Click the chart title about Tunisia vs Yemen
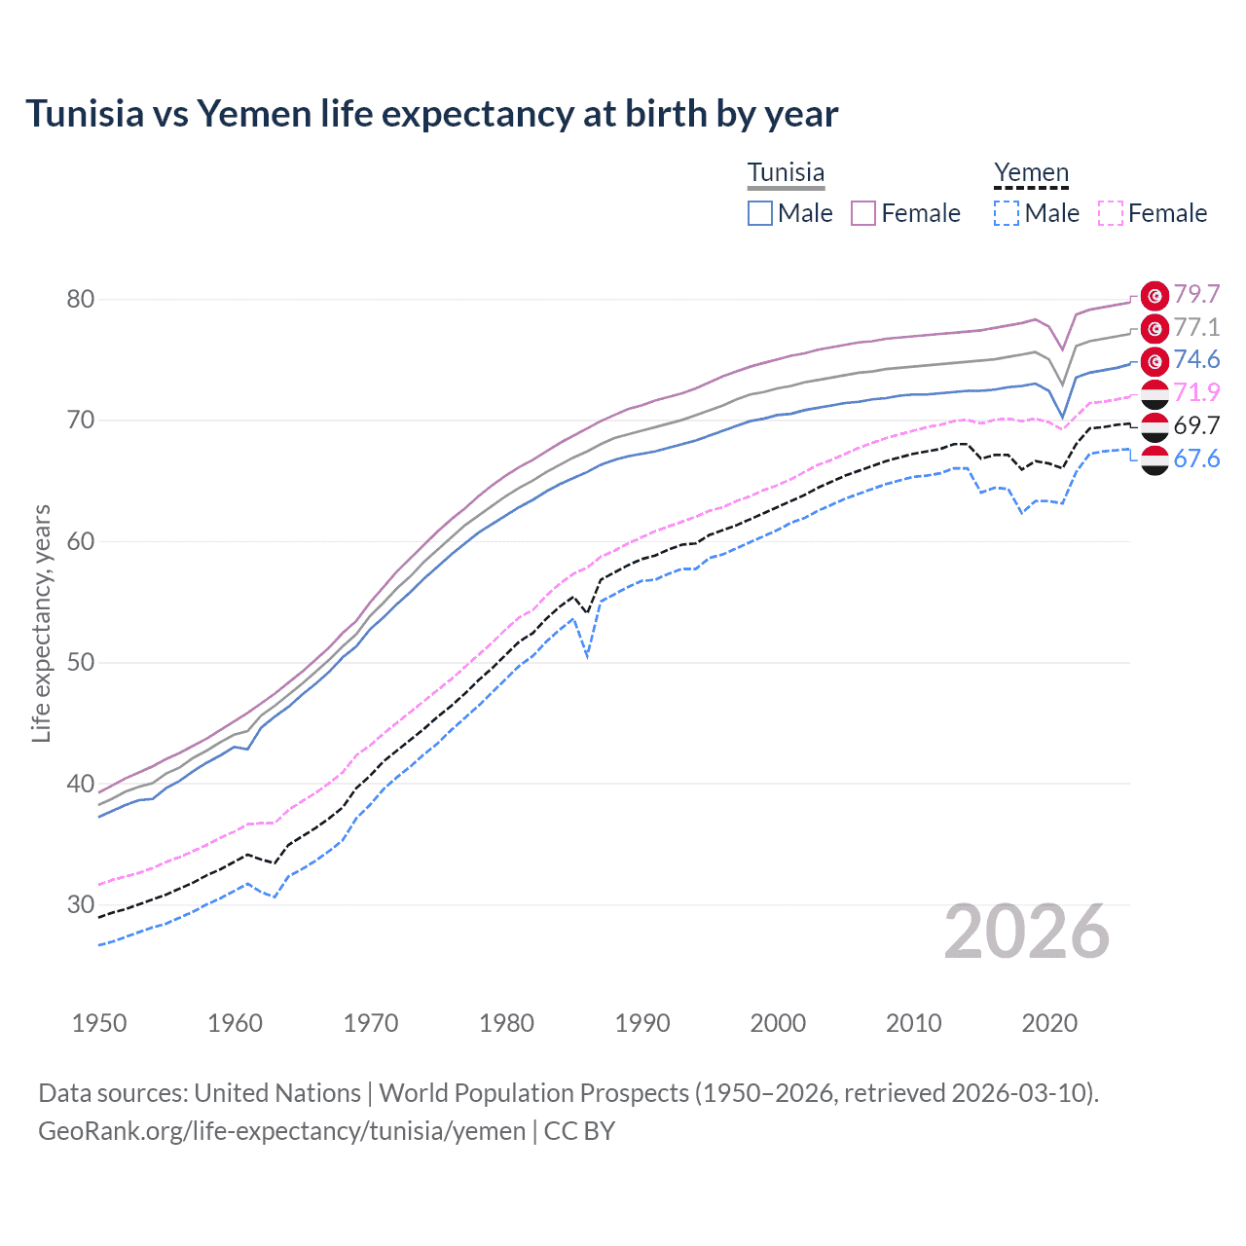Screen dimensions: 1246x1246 click(x=431, y=114)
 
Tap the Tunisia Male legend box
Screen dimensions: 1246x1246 click(x=760, y=213)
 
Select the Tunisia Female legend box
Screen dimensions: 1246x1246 click(x=864, y=213)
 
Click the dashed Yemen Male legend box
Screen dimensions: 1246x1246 click(x=1007, y=213)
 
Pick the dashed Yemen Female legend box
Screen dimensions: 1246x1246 click(x=1111, y=213)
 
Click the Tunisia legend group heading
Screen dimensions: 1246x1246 click(x=786, y=173)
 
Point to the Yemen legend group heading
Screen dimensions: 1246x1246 click(x=1031, y=173)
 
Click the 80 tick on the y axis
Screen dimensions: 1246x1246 click(x=81, y=299)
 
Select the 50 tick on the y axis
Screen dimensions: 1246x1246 click(x=81, y=663)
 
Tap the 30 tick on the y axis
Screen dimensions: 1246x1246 click(x=81, y=905)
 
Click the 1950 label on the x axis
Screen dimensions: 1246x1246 click(x=99, y=1023)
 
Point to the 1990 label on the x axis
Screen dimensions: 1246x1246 click(x=642, y=1023)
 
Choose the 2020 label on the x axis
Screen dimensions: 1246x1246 click(x=1049, y=1023)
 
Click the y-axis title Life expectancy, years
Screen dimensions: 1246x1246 click(x=41, y=623)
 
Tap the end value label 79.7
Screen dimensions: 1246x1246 click(x=1196, y=295)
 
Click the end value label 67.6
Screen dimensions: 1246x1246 click(x=1196, y=458)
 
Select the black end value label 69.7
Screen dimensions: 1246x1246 click(x=1196, y=425)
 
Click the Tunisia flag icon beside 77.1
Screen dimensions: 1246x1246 click(x=1154, y=328)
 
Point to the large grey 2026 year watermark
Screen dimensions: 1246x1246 click(x=1027, y=932)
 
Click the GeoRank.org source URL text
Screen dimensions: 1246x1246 click(x=281, y=1131)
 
